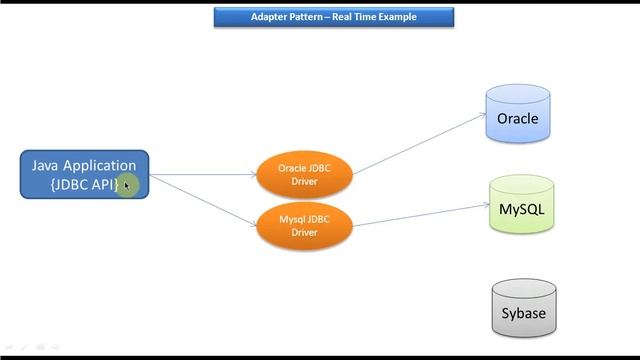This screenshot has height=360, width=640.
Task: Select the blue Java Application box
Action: (x=84, y=175)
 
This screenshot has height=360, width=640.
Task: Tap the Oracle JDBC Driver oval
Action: (x=304, y=174)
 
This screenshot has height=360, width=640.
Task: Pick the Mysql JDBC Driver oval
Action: (x=304, y=225)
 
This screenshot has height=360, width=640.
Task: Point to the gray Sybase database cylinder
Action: (x=523, y=309)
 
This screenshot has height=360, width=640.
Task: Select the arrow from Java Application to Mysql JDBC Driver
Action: (x=205, y=199)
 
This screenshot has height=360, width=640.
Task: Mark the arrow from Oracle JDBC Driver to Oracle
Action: (x=420, y=140)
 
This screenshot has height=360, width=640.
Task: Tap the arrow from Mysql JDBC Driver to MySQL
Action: (x=420, y=215)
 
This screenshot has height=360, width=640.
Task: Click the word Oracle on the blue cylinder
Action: (x=517, y=119)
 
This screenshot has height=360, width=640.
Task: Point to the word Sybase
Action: (x=523, y=314)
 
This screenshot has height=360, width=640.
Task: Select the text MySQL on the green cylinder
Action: (x=521, y=210)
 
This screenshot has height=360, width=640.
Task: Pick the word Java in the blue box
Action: (x=46, y=166)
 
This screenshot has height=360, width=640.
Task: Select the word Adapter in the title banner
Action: (x=268, y=17)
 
